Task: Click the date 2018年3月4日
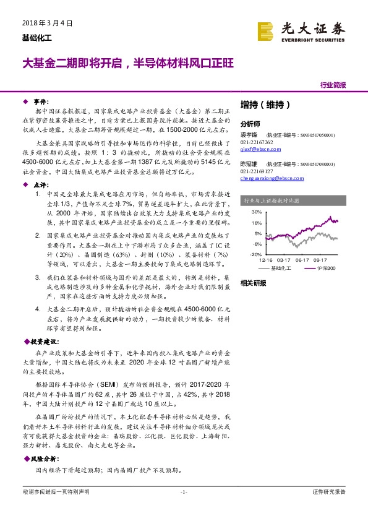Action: tap(43, 23)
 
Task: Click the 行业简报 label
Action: tap(333, 85)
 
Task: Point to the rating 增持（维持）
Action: tap(265, 105)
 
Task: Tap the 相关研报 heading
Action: tap(253, 283)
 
